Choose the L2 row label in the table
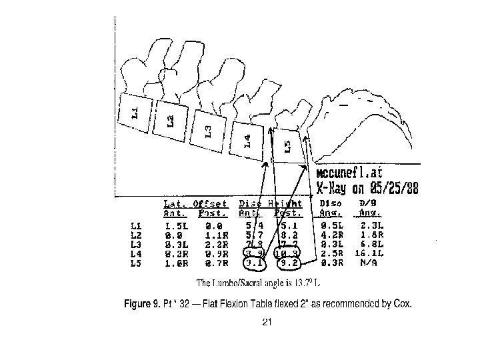[x=135, y=235]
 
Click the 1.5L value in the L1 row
[x=176, y=226]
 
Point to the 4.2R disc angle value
[x=331, y=235]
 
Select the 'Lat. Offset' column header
[x=195, y=203]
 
